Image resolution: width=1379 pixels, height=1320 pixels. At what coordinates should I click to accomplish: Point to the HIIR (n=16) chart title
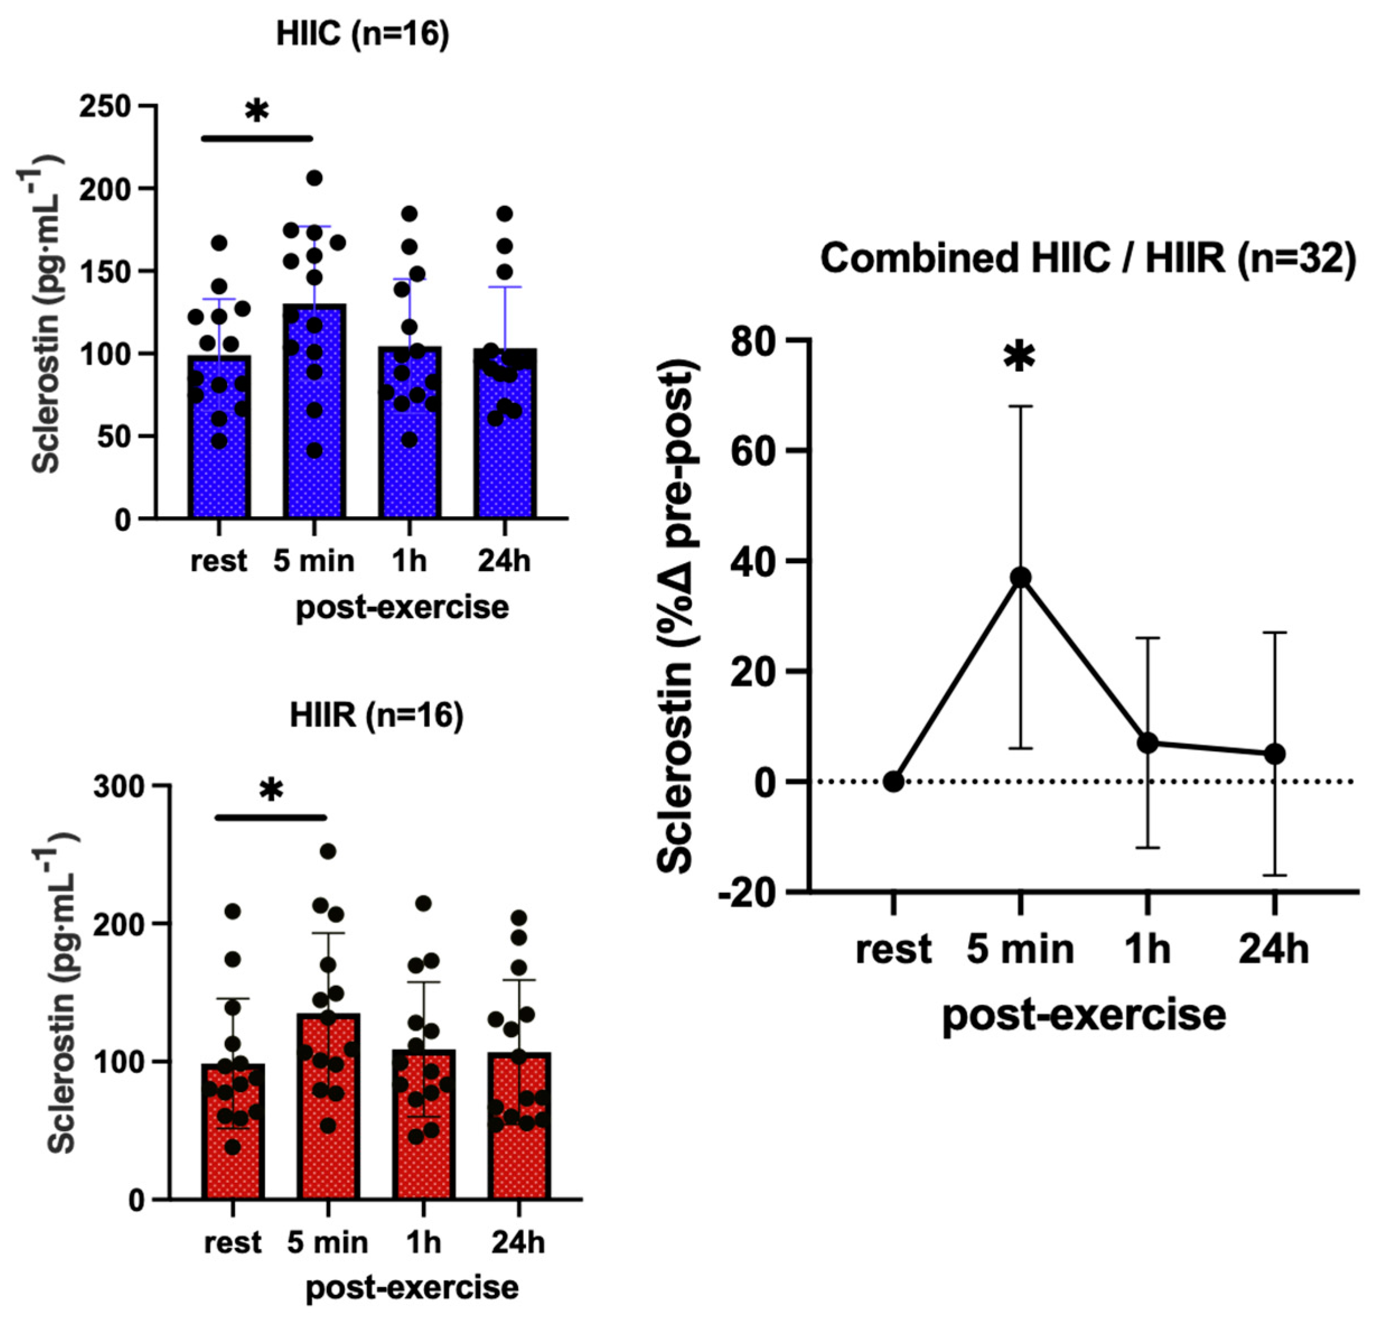point(377,715)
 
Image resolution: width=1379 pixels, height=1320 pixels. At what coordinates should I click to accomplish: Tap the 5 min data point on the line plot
point(1020,578)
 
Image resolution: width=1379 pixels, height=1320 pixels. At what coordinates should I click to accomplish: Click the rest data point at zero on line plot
point(894,781)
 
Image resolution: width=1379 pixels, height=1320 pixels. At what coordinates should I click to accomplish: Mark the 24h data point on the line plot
point(1275,754)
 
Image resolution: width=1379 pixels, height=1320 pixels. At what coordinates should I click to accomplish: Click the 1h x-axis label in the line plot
point(1147,951)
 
